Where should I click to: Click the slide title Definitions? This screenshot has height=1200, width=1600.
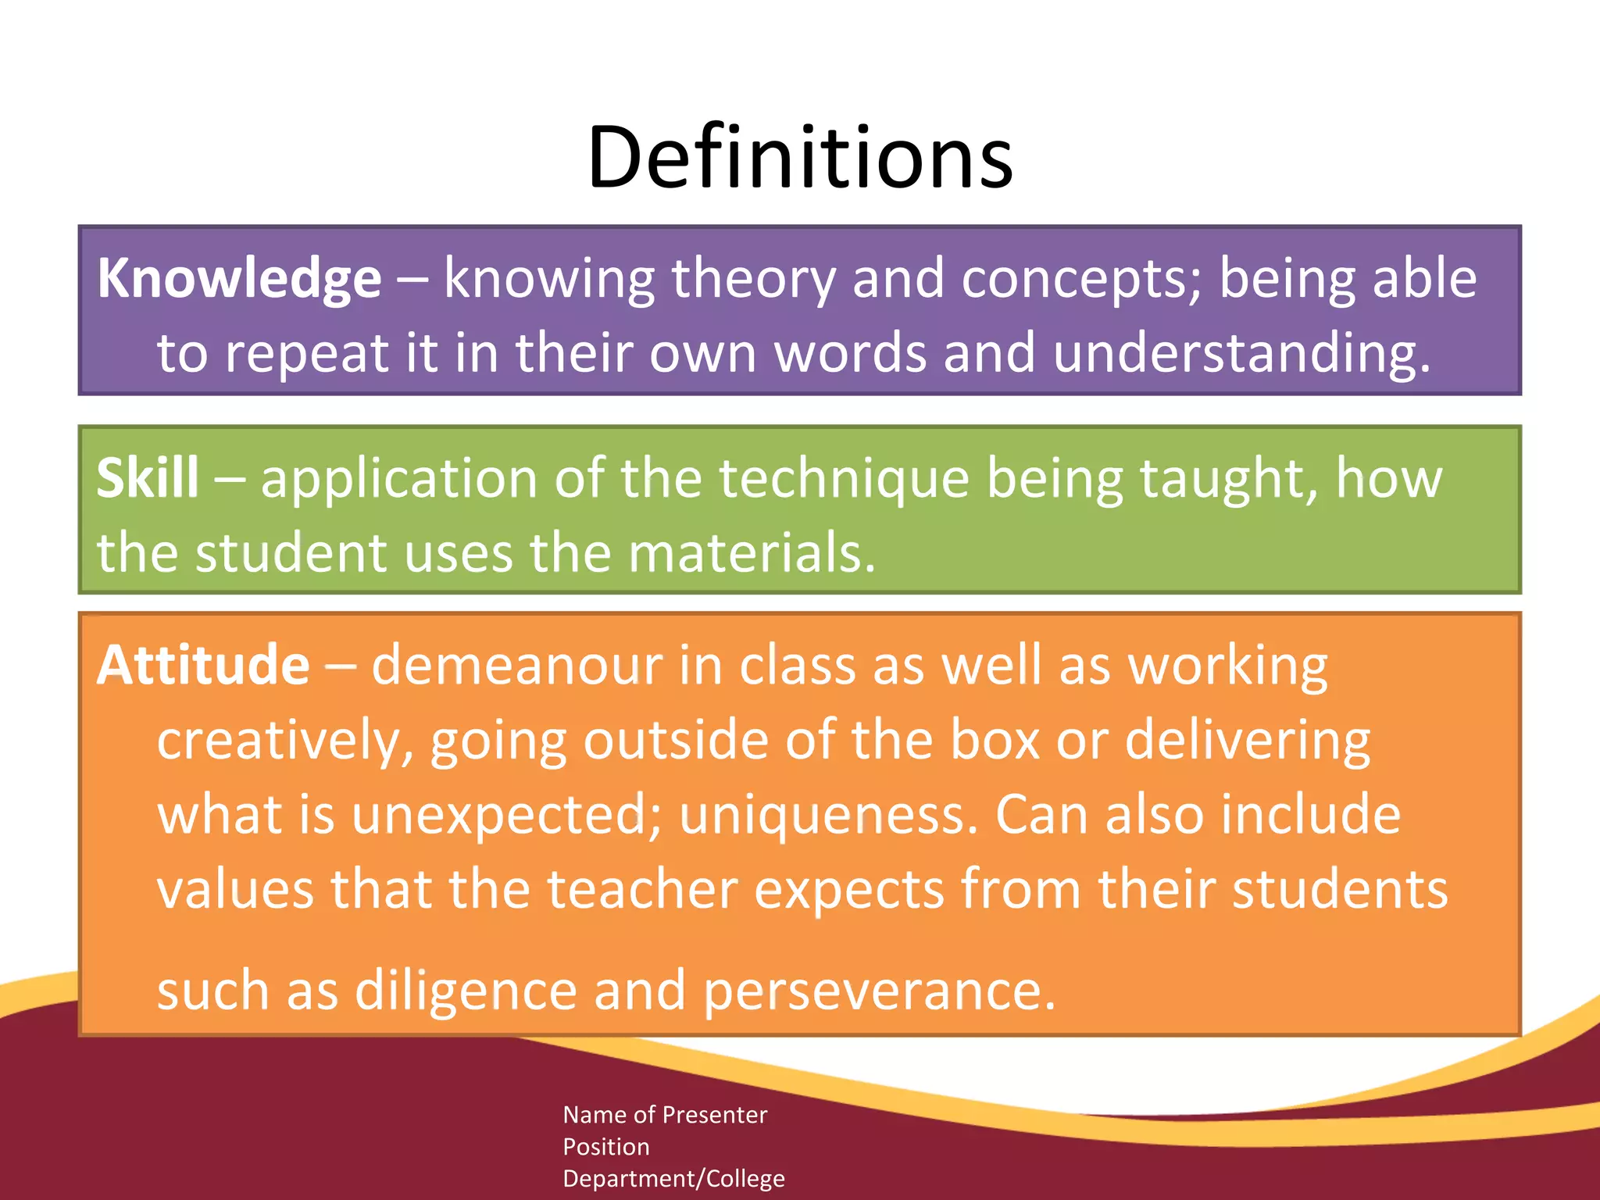(800, 158)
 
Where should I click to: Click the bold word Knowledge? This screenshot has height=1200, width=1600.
(239, 279)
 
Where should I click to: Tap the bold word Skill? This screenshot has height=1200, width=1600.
(148, 478)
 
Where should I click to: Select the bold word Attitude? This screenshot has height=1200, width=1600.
(203, 666)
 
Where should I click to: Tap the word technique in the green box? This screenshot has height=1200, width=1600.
(844, 478)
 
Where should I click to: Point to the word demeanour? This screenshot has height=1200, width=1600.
(516, 666)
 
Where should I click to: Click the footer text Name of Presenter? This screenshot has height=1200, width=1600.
(665, 1115)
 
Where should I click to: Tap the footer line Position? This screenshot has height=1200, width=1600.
(606, 1147)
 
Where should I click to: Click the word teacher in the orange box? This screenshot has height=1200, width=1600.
(642, 889)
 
